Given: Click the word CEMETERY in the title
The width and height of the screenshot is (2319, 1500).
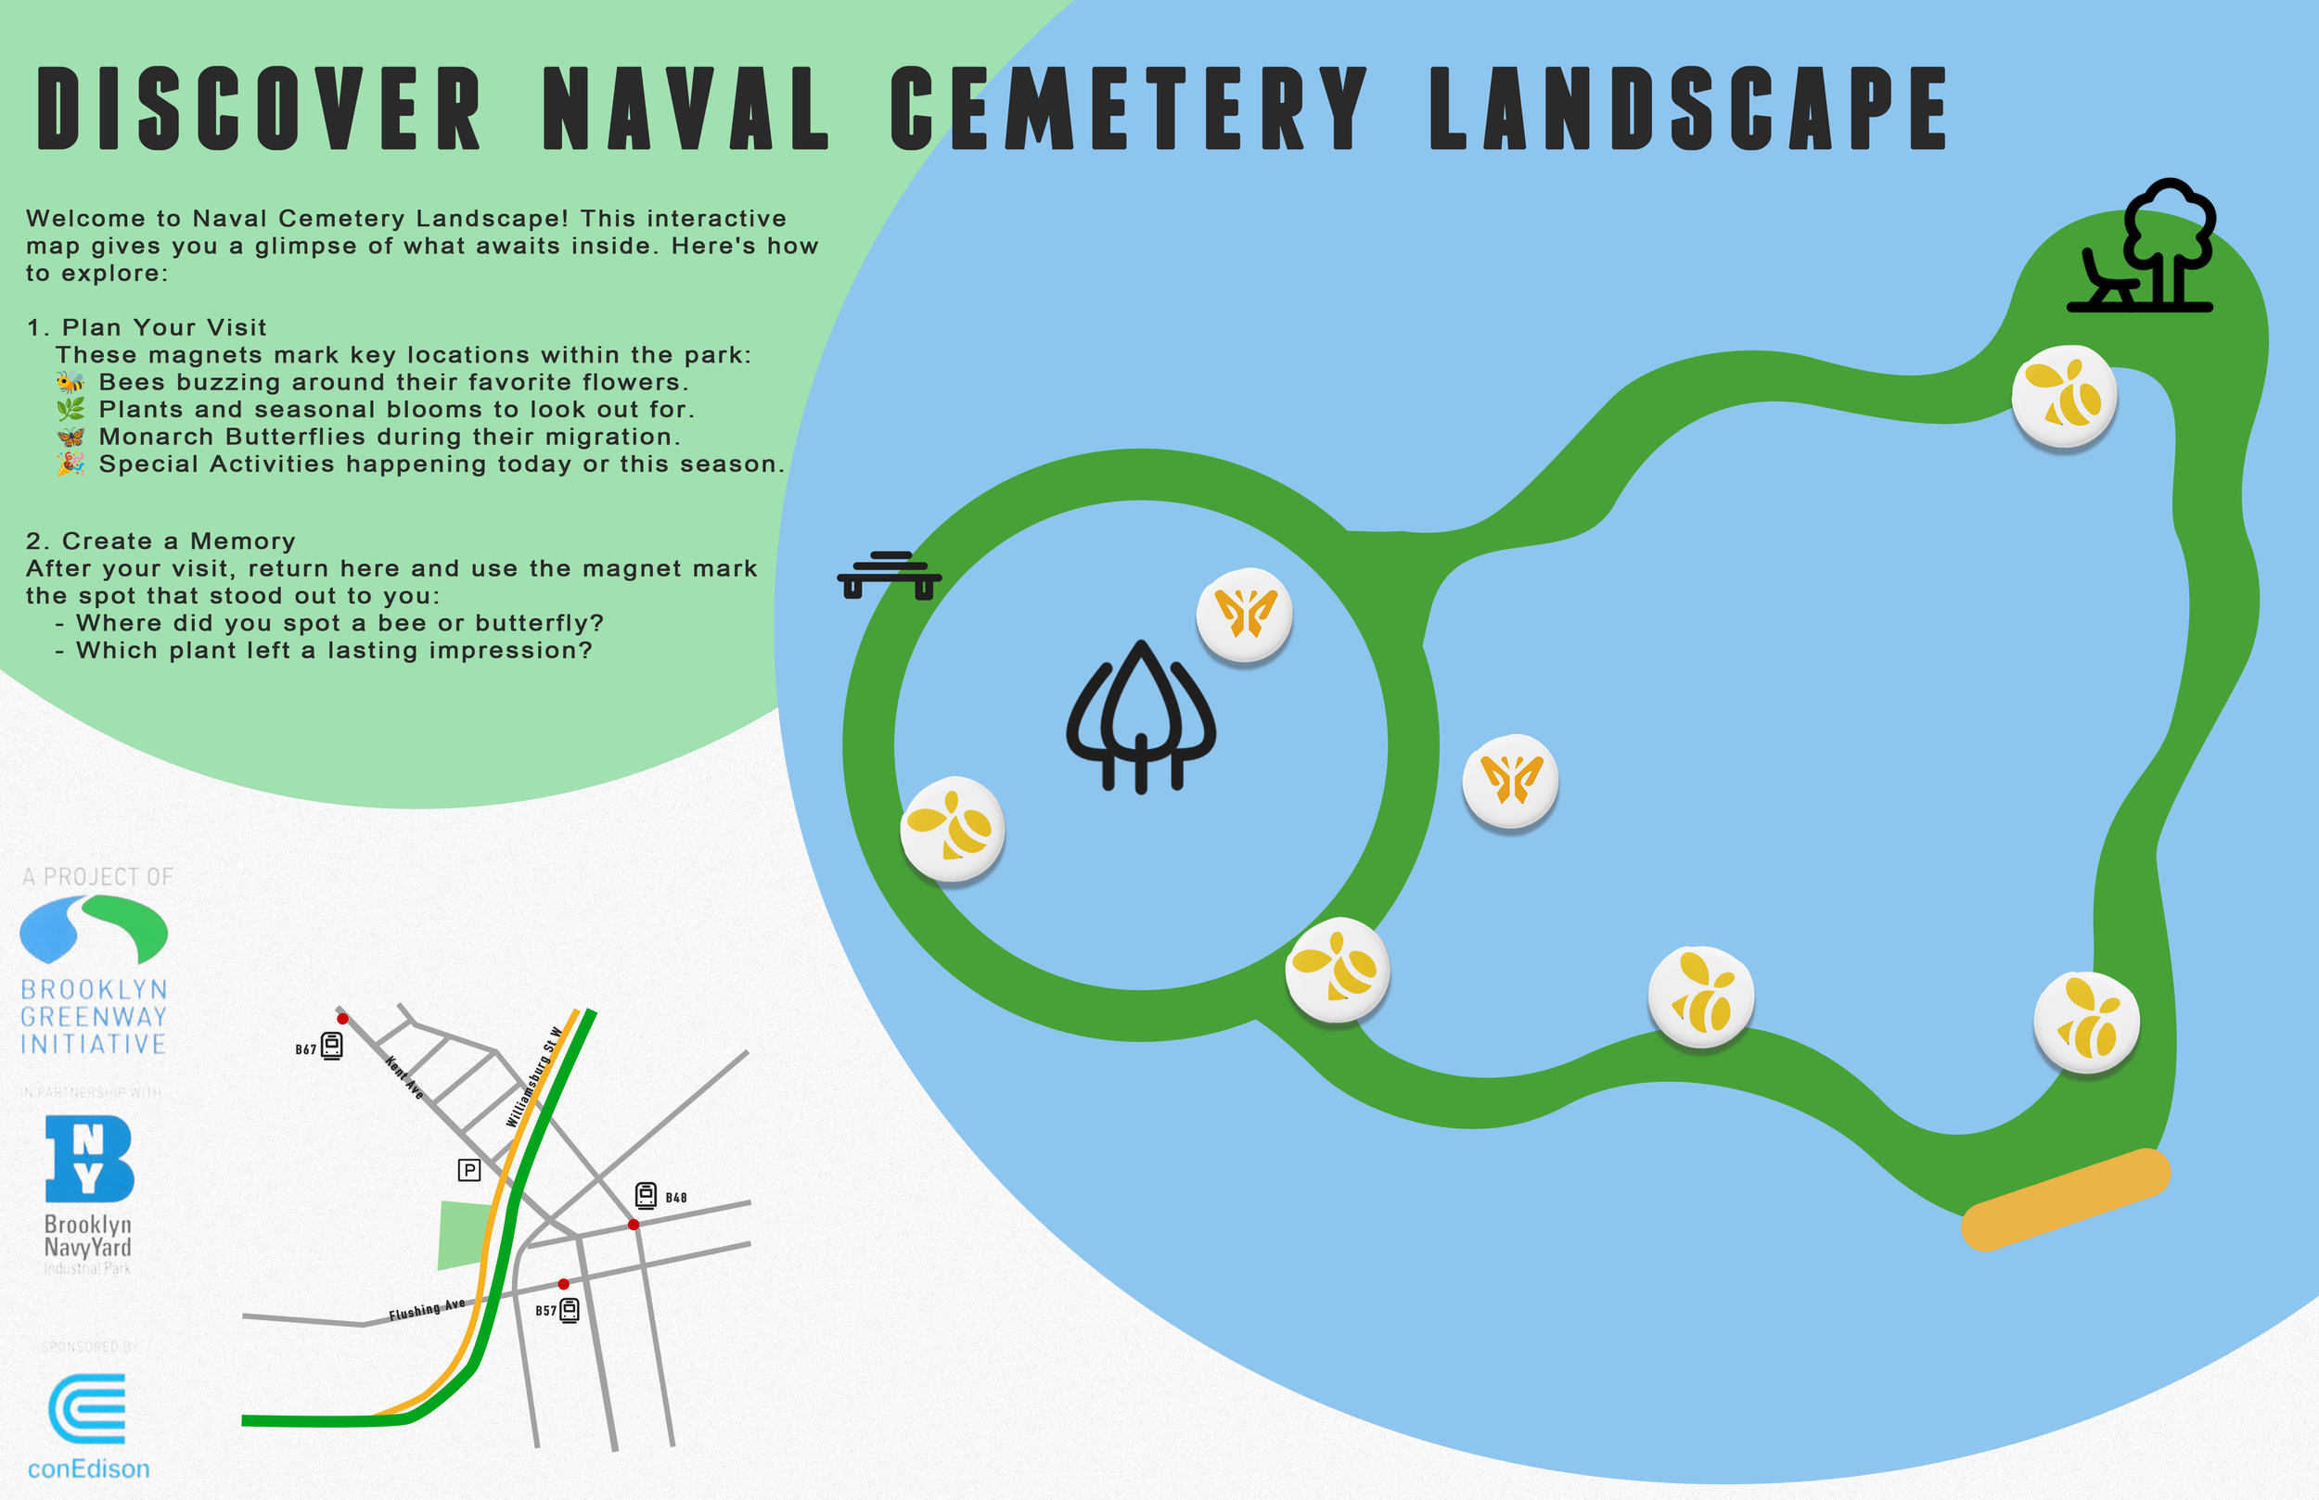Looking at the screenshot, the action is tap(1128, 108).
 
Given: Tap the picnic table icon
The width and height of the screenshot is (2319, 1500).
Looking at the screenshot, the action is tap(889, 575).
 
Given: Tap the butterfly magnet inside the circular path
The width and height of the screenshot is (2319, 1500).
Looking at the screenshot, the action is tap(1244, 615).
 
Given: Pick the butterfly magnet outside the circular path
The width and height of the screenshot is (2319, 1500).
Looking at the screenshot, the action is tap(1509, 781).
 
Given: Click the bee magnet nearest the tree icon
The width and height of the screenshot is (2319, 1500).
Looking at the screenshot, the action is tap(2064, 396).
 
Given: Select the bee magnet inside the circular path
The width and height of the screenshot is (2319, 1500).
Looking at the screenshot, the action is tap(952, 828).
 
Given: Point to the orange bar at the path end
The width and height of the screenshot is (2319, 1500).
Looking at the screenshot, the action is tap(2066, 1199).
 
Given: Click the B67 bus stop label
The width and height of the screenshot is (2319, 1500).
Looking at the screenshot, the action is tap(306, 1049).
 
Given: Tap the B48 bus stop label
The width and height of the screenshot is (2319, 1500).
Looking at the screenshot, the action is tap(676, 1197).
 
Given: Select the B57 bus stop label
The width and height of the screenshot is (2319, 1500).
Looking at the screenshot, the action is tap(545, 1311).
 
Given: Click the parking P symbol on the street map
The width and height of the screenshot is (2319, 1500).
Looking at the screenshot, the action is tap(468, 1170).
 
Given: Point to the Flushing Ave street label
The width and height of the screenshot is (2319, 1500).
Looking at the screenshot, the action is tap(427, 1310).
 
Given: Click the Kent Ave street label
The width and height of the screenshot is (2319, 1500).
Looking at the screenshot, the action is tap(404, 1077).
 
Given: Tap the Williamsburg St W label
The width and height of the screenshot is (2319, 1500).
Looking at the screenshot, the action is tap(534, 1076).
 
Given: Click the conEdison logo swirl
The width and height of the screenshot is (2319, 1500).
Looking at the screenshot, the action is tap(88, 1408).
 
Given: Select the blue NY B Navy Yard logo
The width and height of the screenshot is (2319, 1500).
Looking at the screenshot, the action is tap(89, 1158).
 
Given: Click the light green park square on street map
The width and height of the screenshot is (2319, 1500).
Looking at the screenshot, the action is tap(464, 1235).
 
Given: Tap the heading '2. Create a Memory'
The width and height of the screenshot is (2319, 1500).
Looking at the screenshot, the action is tap(160, 541).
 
